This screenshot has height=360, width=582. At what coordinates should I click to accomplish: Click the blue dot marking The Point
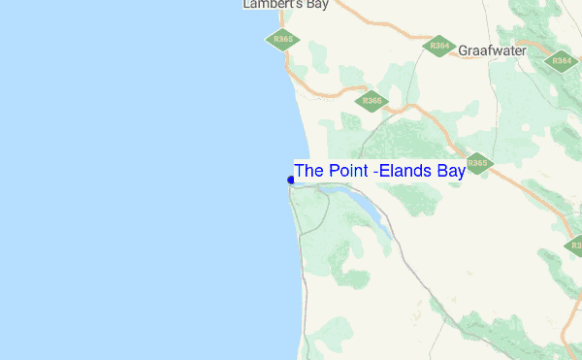click(x=291, y=180)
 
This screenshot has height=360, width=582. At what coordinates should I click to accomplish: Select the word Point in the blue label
click(x=347, y=171)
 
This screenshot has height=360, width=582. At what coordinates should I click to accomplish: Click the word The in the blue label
click(x=308, y=171)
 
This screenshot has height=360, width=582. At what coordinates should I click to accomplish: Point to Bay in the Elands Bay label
click(x=450, y=171)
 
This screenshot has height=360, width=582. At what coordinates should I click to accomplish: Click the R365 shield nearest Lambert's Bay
click(x=283, y=40)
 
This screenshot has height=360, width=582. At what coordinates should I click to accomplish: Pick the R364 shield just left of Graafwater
click(x=439, y=46)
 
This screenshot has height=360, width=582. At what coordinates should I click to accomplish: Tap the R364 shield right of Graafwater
click(x=562, y=60)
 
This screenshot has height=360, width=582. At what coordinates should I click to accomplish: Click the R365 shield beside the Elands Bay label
click(x=477, y=163)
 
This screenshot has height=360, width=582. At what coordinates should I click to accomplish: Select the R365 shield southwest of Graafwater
click(x=372, y=100)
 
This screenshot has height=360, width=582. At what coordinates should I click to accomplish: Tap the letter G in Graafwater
click(x=464, y=49)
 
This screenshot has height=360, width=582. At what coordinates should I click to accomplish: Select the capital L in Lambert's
click(x=246, y=5)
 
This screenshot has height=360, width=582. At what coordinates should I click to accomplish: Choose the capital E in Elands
click(x=385, y=171)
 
